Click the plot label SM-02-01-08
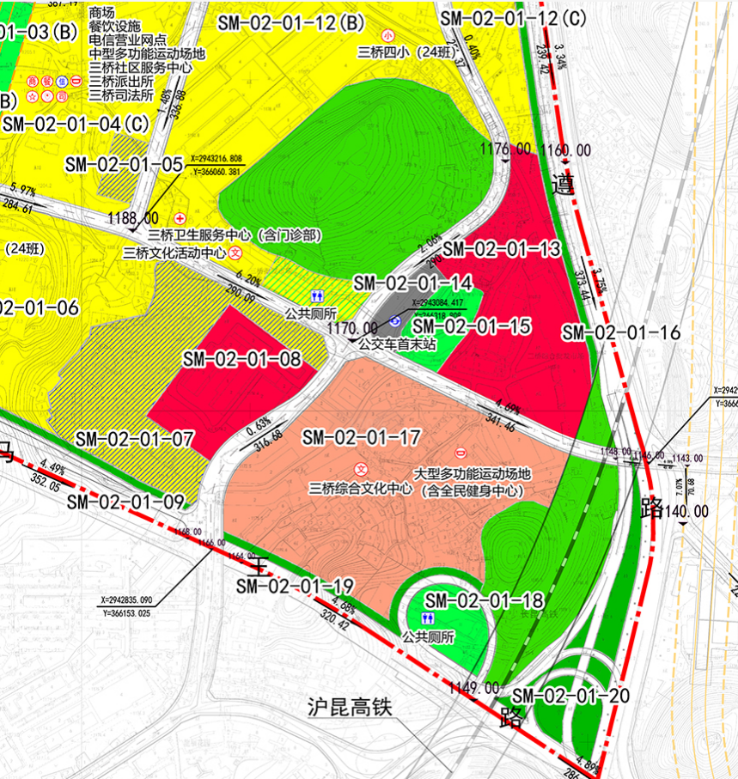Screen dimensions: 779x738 click(x=242, y=360)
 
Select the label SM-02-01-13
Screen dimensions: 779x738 click(x=502, y=249)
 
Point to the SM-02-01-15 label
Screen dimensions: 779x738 click(x=472, y=326)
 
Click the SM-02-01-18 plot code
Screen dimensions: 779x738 click(x=484, y=600)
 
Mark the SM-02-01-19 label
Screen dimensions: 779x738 click(x=295, y=587)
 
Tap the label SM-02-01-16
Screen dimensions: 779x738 click(x=620, y=332)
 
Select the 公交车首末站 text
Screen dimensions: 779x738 click(x=398, y=344)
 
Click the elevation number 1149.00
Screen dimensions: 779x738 click(x=472, y=687)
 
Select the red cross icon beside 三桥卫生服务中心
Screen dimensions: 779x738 click(x=180, y=219)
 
